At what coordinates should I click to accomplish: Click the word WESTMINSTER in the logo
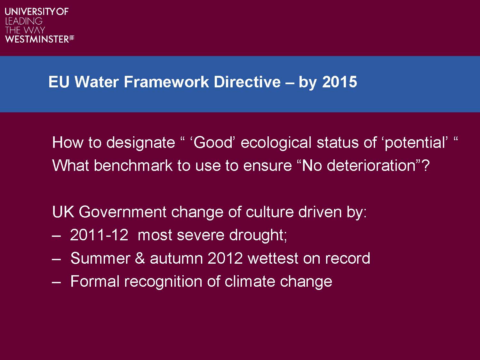tap(37, 39)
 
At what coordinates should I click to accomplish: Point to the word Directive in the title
tap(247, 82)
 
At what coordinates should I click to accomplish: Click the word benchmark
tap(133, 165)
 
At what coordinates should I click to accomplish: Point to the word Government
tap(123, 212)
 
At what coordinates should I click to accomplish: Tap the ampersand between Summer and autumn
tap(140, 258)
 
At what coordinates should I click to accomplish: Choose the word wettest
tap(273, 258)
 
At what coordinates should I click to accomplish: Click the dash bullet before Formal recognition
tap(56, 282)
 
